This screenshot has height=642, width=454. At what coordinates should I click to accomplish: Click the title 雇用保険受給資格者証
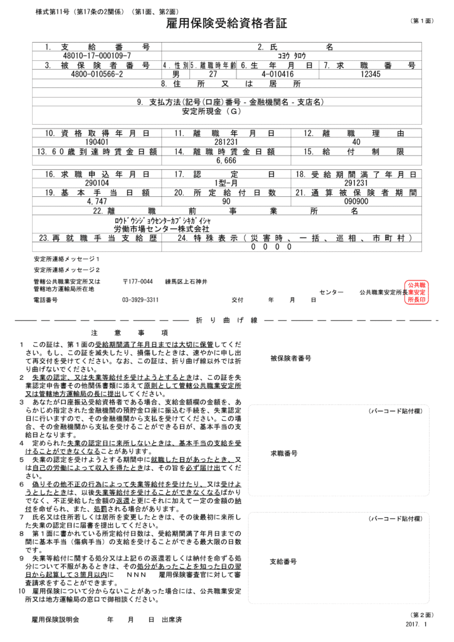pyautogui.click(x=226, y=24)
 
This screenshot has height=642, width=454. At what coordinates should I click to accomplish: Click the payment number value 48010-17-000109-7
pyautogui.click(x=97, y=56)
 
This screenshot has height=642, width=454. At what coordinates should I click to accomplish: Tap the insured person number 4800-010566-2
pyautogui.click(x=97, y=74)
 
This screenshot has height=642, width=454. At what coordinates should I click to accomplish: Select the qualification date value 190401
pyautogui.click(x=97, y=142)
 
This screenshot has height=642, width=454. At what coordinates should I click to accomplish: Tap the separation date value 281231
pyautogui.click(x=226, y=142)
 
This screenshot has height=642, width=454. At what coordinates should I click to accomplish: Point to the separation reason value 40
pyautogui.click(x=357, y=142)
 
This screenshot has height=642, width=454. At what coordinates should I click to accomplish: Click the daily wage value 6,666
pyautogui.click(x=226, y=160)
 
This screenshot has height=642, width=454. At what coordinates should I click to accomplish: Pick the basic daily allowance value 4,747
pyautogui.click(x=97, y=202)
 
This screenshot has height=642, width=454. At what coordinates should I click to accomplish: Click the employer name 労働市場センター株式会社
pyautogui.click(x=152, y=229)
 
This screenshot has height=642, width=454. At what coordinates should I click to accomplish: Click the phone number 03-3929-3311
pyautogui.click(x=140, y=300)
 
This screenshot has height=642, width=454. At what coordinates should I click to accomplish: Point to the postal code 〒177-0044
pyautogui.click(x=137, y=282)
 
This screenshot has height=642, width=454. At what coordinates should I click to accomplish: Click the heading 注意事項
pyautogui.click(x=129, y=332)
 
